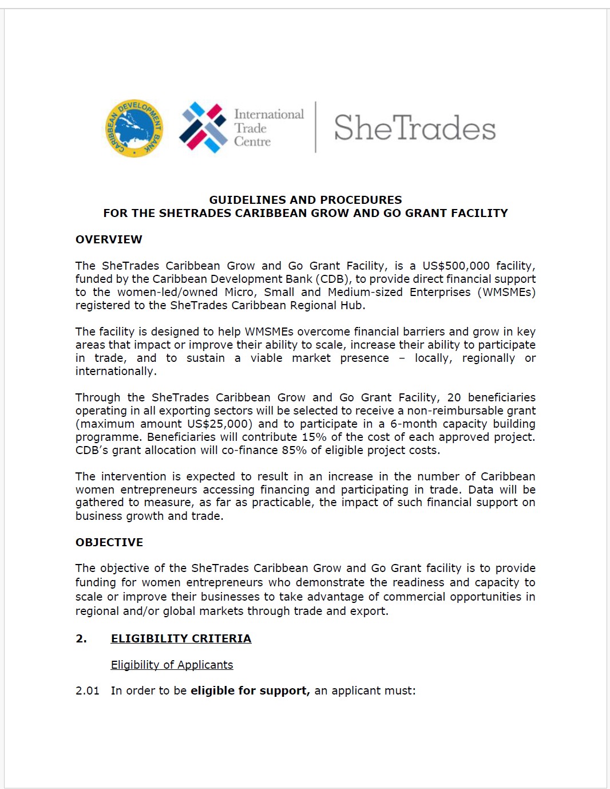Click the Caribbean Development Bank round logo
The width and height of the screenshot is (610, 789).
click(x=134, y=128)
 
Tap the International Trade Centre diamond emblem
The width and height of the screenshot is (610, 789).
click(x=203, y=128)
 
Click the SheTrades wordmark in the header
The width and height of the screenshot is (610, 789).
click(x=415, y=128)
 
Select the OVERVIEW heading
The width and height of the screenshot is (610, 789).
click(x=109, y=239)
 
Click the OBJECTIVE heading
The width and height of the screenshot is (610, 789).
click(x=109, y=542)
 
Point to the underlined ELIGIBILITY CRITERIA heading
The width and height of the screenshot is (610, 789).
click(x=181, y=638)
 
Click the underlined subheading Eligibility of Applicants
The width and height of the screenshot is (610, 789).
click(x=172, y=665)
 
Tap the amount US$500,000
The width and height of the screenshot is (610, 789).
click(x=456, y=266)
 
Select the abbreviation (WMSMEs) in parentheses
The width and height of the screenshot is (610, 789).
click(x=507, y=292)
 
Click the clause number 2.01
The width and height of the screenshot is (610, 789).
click(x=88, y=691)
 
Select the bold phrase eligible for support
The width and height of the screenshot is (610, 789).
click(x=250, y=691)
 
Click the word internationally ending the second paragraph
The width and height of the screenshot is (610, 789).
click(x=116, y=371)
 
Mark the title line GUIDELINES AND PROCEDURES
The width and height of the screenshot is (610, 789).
click(x=306, y=200)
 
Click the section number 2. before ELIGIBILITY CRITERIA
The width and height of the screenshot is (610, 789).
click(x=81, y=638)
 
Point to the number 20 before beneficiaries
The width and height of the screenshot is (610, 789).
click(x=454, y=397)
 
